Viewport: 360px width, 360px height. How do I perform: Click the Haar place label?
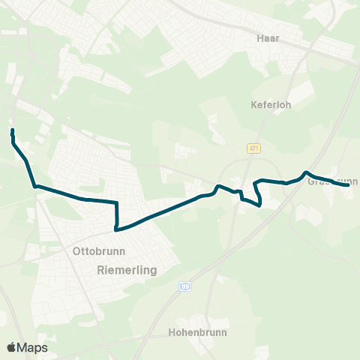268,37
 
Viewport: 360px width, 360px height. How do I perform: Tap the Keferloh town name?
270,105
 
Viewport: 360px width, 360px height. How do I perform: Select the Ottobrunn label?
99,251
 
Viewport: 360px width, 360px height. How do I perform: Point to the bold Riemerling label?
125,268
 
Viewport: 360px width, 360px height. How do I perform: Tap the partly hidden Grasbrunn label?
335,181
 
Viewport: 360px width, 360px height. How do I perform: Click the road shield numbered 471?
254,148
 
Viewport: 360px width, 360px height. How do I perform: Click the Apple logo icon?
12,347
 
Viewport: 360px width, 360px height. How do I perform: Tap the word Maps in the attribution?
32,347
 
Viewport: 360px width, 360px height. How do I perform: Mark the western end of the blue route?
12,130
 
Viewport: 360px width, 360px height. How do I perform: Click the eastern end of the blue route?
349,184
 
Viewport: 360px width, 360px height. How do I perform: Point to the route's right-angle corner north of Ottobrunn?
118,202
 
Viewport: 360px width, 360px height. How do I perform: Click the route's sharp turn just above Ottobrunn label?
115,229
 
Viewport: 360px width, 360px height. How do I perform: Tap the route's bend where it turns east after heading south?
35,186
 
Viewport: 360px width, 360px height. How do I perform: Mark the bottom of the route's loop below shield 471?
259,205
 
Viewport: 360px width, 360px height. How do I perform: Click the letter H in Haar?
259,37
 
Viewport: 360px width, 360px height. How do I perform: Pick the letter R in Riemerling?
100,268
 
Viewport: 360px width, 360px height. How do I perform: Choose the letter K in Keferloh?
253,105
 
